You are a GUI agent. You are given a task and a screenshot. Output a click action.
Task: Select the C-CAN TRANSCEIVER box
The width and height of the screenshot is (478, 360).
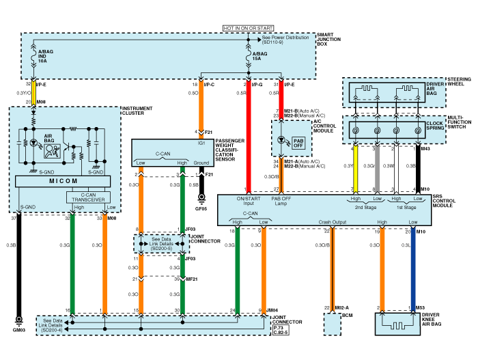(91, 197)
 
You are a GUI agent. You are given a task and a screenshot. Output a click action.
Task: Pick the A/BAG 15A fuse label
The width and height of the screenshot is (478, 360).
(259, 56)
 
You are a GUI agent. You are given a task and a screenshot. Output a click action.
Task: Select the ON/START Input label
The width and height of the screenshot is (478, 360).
(248, 201)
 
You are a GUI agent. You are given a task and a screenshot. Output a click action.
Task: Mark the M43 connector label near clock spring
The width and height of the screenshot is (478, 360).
(425, 148)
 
